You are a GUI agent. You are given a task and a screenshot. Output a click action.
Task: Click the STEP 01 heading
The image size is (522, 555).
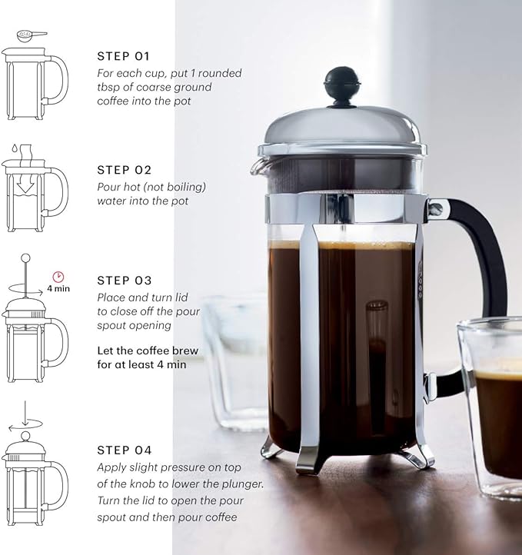pyautogui.click(x=124, y=56)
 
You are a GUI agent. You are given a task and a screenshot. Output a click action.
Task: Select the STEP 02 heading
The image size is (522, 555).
pyautogui.click(x=125, y=170)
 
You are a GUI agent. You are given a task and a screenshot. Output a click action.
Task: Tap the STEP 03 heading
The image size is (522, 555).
pyautogui.click(x=125, y=281)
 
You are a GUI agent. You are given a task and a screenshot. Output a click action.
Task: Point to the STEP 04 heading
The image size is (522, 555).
pyautogui.click(x=125, y=450)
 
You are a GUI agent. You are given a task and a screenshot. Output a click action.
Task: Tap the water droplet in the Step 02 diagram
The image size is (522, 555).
pyautogui.click(x=14, y=148)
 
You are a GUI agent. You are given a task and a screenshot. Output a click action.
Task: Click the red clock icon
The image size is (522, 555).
pyautogui.click(x=58, y=276)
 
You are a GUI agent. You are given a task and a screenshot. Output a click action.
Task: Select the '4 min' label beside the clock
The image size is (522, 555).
pyautogui.click(x=58, y=290)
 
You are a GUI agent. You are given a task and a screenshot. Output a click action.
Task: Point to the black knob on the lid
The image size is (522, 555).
pyautogui.click(x=342, y=83)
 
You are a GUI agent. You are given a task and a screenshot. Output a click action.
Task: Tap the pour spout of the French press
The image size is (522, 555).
pyautogui.click(x=260, y=165)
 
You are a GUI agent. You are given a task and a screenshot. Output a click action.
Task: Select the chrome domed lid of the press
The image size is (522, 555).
pyautogui.click(x=342, y=127)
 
